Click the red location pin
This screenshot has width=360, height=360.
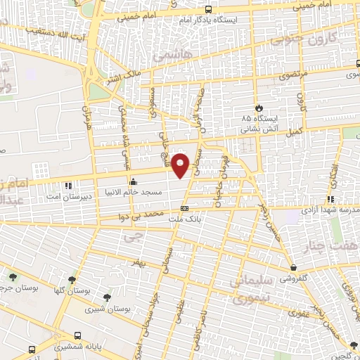tap(182, 165)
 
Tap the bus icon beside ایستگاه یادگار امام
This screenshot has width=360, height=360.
tap(208, 10)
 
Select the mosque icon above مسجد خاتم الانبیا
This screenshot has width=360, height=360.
tap(132, 182)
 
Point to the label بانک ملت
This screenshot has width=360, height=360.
tap(180, 218)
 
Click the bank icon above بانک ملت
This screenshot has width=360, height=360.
tap(184, 208)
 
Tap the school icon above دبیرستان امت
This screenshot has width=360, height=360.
tap(68, 186)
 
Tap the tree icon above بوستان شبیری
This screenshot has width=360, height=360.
tap(107, 297)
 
